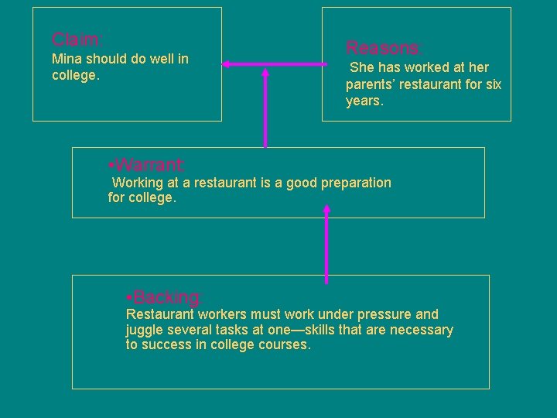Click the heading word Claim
click(76, 39)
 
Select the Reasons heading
click(384, 47)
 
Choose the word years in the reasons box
click(364, 101)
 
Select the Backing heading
click(168, 297)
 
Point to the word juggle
click(145, 331)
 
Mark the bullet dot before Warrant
click(112, 165)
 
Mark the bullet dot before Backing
click(128, 297)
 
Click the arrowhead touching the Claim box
click(227, 64)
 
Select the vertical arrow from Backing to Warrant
click(326, 245)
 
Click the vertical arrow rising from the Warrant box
click(265, 108)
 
